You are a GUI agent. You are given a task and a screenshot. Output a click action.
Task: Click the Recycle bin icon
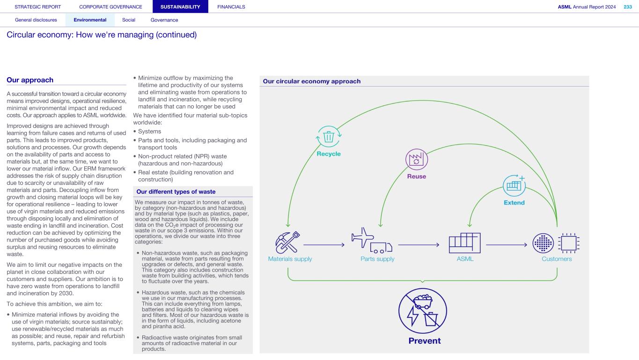pyautogui.click(x=329, y=137)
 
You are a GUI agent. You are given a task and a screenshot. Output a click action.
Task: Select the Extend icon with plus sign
pyautogui.click(x=514, y=185)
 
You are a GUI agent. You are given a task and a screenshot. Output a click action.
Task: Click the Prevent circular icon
pyautogui.click(x=422, y=310)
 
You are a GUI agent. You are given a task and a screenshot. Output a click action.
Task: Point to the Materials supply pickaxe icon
pyautogui.click(x=287, y=242)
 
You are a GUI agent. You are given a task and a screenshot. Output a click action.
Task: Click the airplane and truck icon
pyautogui.click(x=372, y=241)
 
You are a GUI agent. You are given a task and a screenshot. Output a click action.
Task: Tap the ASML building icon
pyautogui.click(x=464, y=242)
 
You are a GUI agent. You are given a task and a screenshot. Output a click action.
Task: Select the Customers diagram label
pyautogui.click(x=557, y=259)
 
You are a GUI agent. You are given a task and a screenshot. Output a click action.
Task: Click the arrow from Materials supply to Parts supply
pyautogui.click(x=324, y=244)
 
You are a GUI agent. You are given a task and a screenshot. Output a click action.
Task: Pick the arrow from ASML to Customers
pyautogui.click(x=507, y=244)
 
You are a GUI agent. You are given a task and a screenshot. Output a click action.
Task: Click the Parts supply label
pyautogui.click(x=377, y=259)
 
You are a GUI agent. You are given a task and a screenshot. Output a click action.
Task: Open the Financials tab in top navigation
pyautogui.click(x=231, y=7)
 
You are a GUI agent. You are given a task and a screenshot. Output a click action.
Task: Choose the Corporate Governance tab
pyautogui.click(x=110, y=7)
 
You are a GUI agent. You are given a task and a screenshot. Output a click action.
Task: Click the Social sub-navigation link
pyautogui.click(x=129, y=20)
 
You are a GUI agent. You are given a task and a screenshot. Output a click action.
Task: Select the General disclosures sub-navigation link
pyautogui.click(x=36, y=20)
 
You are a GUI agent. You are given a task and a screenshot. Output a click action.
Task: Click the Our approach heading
pyautogui.click(x=30, y=80)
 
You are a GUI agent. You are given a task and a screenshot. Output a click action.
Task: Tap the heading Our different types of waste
pyautogui.click(x=176, y=191)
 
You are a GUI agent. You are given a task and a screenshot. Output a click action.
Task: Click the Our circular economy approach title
pyautogui.click(x=311, y=81)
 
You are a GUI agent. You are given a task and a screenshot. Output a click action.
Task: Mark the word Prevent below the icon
pyautogui.click(x=424, y=341)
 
